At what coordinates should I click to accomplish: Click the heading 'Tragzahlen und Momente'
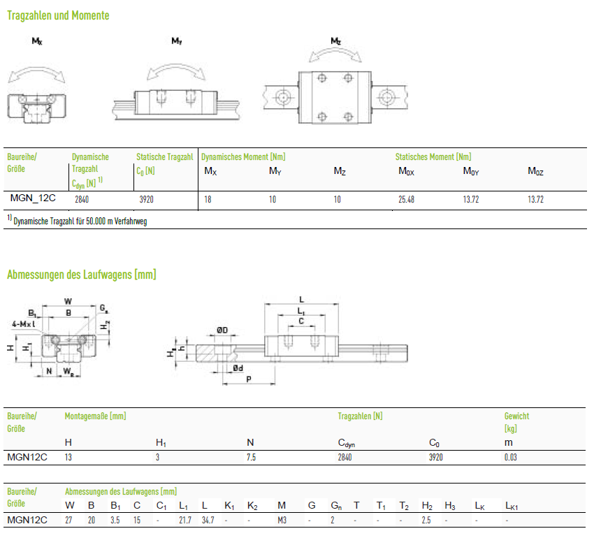58,15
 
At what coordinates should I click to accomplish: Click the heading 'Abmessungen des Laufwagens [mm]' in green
82,275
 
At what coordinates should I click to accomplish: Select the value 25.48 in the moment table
406,199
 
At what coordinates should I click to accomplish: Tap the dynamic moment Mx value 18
208,199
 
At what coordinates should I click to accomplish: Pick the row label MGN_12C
33,198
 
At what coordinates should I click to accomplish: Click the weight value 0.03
510,457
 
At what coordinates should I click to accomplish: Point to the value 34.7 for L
208,521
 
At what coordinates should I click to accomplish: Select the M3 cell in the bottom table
282,521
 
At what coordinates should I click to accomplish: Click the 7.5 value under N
251,457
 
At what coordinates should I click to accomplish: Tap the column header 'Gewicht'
516,416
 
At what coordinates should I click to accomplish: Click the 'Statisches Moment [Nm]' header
433,157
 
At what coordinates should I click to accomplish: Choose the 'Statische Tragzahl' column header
165,157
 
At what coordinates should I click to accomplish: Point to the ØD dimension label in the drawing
222,330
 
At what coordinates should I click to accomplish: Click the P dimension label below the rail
249,379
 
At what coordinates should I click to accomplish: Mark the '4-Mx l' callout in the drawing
24,324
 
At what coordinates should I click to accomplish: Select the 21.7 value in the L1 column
185,521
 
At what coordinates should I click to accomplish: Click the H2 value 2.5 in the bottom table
426,521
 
